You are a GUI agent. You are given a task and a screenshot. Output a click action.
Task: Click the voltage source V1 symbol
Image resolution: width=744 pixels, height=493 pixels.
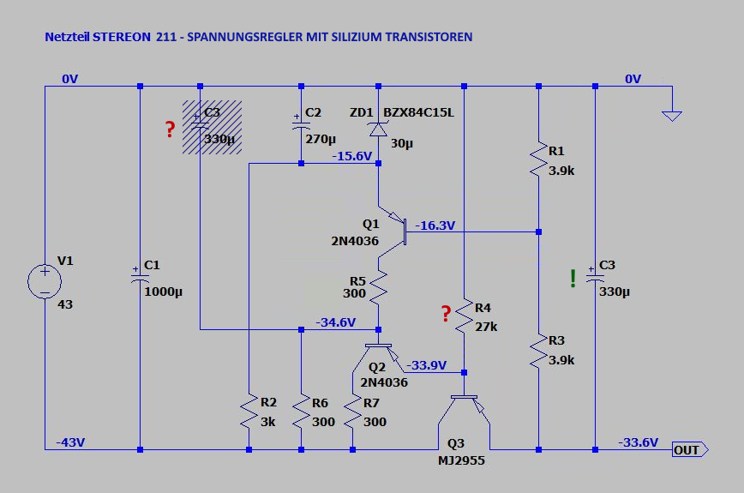coord(44,281)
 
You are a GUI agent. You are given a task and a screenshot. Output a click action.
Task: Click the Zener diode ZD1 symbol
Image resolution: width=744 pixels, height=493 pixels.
coord(378,129)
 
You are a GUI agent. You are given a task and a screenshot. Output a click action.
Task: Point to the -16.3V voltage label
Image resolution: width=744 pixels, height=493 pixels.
coord(435,225)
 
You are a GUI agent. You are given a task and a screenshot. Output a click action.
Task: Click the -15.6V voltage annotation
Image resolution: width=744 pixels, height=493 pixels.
coord(352,156)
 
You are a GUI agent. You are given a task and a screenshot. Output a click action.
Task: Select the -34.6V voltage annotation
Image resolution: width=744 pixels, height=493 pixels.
coord(336,322)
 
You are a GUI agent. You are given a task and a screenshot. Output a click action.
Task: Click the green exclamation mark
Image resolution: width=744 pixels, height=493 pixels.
coord(573,278)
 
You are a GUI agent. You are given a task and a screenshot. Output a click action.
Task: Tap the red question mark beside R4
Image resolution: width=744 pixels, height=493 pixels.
coord(446,314)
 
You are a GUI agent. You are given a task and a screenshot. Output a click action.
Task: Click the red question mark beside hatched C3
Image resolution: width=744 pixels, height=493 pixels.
coord(170,129)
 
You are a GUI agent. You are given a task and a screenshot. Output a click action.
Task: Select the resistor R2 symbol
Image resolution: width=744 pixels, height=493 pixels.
coord(249,412)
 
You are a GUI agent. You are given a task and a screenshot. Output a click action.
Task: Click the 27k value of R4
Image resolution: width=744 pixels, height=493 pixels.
coord(486,327)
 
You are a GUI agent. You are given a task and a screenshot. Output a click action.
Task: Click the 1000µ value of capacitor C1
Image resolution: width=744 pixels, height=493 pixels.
coord(164,292)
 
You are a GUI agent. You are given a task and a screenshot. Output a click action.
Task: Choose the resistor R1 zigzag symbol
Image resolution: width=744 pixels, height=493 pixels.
coord(537,159)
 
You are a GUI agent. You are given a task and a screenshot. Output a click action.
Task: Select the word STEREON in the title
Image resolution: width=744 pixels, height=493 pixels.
coord(121,37)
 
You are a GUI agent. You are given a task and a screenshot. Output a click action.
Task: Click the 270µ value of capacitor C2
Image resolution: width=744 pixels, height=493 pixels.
coord(321,138)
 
